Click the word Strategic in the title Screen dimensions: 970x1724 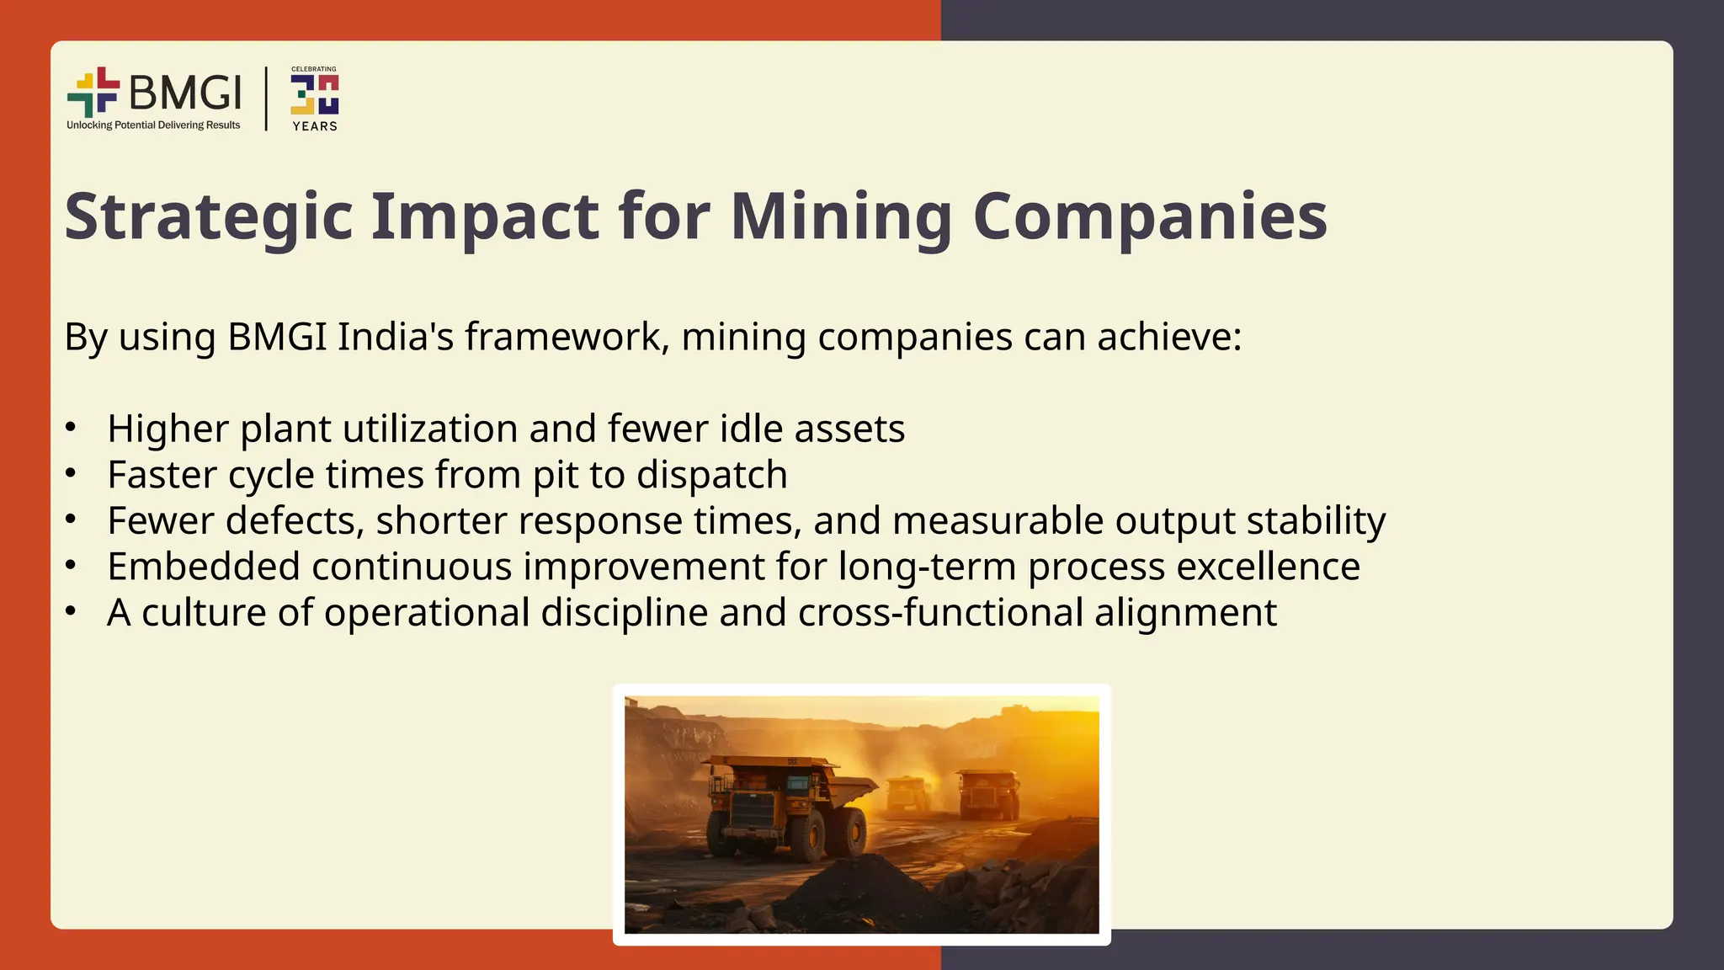209,216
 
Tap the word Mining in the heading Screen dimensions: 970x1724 841,216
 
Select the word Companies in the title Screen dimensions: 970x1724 1150,216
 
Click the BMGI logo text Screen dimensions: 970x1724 185,92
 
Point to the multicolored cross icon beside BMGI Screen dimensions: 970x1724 93,92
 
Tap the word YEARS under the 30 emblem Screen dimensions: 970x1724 315,126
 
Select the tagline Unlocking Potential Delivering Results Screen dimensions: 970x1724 153,125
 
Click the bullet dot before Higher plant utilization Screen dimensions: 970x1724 71,427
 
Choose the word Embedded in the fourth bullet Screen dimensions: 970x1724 204,567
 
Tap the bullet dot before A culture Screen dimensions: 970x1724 71,610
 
